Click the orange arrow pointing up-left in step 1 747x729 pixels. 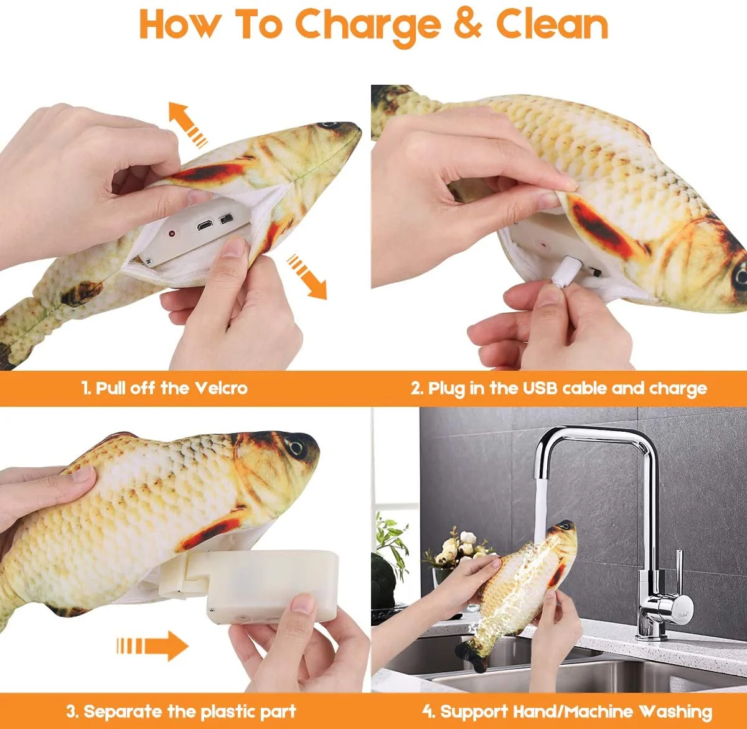click(x=188, y=124)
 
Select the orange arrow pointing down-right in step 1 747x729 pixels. click(x=307, y=276)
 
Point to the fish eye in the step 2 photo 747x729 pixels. click(x=740, y=276)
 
